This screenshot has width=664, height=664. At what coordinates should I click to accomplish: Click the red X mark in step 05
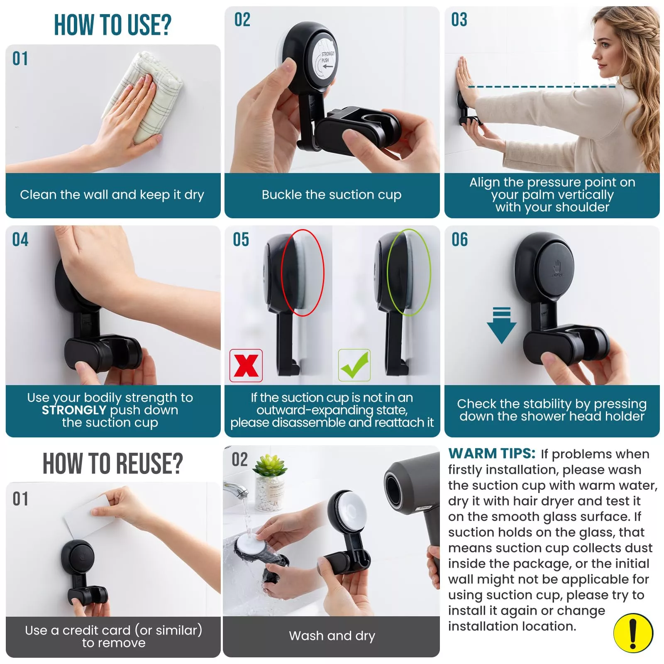pos(246,366)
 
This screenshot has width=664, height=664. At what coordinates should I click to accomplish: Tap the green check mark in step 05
pos(354,365)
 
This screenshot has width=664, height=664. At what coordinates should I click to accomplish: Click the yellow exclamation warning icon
pos(633,633)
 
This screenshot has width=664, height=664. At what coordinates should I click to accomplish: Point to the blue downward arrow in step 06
pos(502,325)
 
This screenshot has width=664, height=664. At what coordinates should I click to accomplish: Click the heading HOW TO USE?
pos(112,25)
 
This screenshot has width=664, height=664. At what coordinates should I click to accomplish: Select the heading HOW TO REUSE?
pos(113,463)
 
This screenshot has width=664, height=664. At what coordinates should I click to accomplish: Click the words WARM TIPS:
pos(492,454)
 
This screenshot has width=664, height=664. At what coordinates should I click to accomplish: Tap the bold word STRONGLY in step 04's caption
pos(74,410)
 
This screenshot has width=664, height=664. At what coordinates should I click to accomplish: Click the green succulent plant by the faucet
pos(270,465)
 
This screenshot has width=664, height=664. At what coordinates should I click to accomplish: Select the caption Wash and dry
pos(332,636)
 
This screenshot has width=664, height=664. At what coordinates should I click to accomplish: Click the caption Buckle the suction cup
pos(332,195)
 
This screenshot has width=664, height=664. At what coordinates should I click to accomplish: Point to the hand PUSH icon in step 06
pos(557,268)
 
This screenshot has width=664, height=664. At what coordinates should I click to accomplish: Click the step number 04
pos(20,240)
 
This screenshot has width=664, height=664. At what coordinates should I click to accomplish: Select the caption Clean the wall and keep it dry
pos(112,195)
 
